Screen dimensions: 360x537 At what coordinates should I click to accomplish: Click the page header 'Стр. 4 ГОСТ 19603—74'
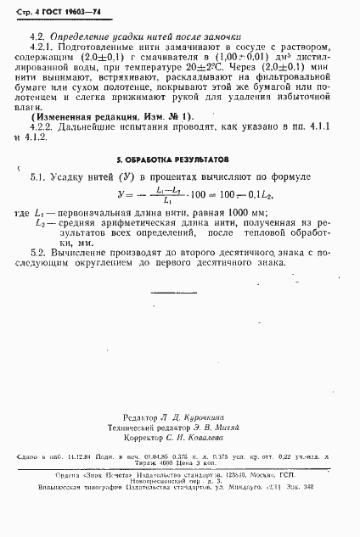pyautogui.click(x=53, y=8)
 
